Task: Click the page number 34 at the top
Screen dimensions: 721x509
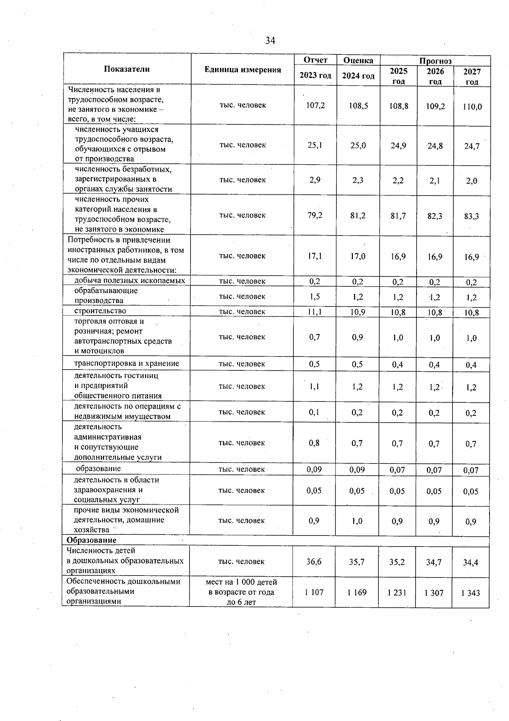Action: point(270,41)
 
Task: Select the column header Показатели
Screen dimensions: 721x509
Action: point(127,69)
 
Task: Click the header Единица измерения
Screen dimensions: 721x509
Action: point(243,70)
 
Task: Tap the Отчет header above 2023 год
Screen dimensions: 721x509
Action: point(316,60)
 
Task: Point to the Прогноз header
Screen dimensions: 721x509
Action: point(435,61)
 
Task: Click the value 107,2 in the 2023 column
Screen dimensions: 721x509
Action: point(315,105)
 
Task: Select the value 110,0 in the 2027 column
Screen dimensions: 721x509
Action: point(472,107)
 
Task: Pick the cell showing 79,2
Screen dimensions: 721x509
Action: point(315,215)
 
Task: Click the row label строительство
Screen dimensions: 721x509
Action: point(100,311)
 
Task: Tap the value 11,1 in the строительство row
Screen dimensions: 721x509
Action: point(314,312)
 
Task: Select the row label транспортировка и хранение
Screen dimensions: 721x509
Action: point(126,363)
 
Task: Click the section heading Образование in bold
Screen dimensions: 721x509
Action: point(91,540)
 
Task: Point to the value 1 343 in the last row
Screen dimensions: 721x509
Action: point(470,593)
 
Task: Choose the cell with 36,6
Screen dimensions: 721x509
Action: point(314,561)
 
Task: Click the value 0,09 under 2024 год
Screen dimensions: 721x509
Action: point(357,469)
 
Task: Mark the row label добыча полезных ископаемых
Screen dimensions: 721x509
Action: point(130,281)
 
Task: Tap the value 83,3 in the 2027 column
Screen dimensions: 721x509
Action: point(472,216)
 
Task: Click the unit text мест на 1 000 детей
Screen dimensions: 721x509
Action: point(241,582)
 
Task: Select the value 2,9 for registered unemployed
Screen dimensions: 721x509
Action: point(315,180)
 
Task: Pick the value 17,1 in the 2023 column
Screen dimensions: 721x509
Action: point(314,256)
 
